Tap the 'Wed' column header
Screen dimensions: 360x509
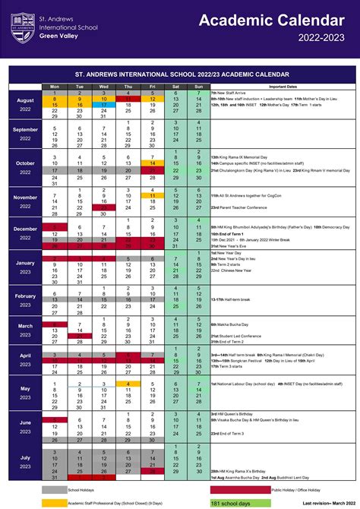[103, 87]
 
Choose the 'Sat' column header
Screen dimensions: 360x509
[175, 87]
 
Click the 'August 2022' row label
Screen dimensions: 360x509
[25, 106]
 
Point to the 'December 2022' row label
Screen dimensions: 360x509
[25, 233]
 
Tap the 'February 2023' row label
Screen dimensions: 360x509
[25, 301]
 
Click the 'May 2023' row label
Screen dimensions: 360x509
[25, 393]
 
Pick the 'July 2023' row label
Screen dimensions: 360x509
[25, 463]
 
